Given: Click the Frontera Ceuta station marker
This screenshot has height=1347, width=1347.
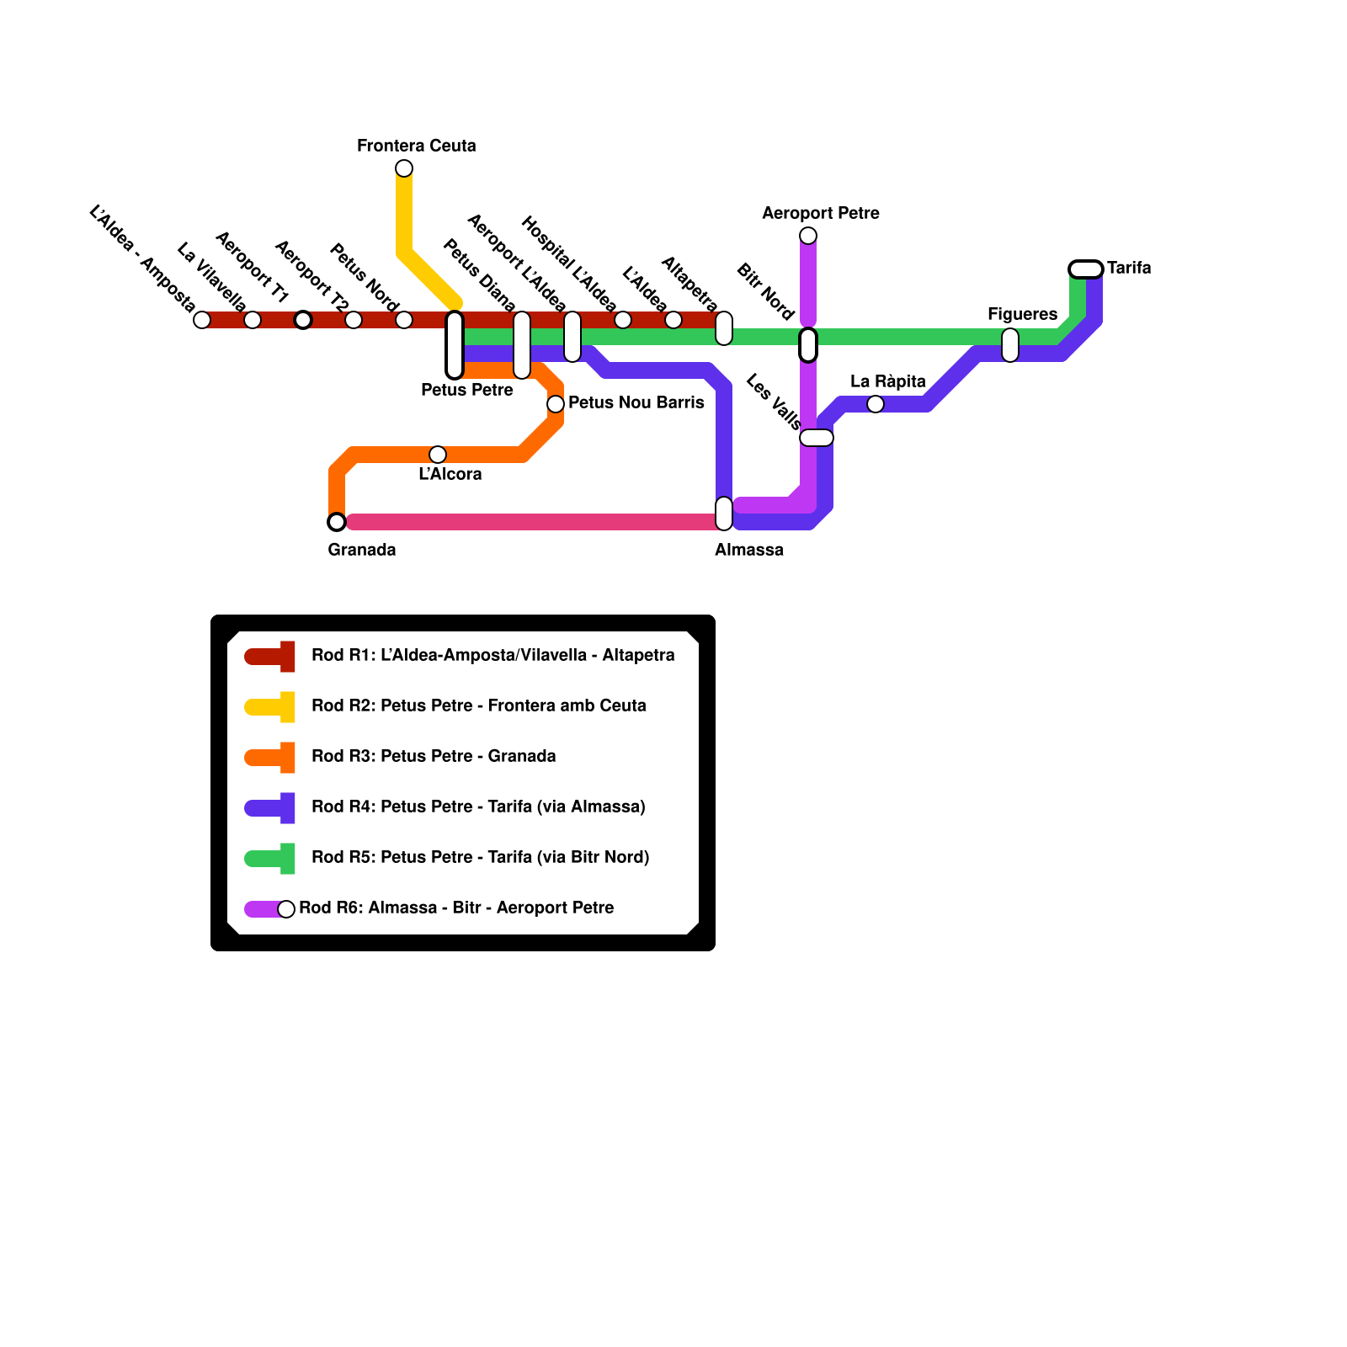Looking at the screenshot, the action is click(x=404, y=168).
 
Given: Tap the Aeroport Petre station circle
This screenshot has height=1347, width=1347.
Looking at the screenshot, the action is click(x=808, y=236).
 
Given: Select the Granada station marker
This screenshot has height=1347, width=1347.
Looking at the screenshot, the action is click(x=337, y=522).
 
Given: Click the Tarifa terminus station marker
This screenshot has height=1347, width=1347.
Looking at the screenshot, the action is click(x=1086, y=269).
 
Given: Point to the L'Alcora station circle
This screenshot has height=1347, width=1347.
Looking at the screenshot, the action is click(x=438, y=455).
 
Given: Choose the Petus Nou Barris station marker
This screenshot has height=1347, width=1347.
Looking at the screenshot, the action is click(x=556, y=404).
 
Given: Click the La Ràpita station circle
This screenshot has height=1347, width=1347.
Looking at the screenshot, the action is click(x=876, y=404).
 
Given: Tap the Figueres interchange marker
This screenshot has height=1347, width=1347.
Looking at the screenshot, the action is click(x=1010, y=345).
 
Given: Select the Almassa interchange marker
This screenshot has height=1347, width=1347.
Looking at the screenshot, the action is click(x=724, y=514).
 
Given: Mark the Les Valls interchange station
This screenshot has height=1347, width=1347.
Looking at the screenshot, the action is click(x=817, y=438).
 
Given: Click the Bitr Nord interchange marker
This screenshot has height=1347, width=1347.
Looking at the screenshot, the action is click(x=808, y=345).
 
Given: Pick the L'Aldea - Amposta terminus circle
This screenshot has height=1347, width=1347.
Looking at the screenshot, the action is click(x=202, y=320).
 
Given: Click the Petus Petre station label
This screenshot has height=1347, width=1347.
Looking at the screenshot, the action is click(x=467, y=390).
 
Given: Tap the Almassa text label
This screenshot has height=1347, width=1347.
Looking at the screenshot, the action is click(x=749, y=550).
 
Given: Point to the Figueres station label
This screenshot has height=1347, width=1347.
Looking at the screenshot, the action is click(x=1022, y=314).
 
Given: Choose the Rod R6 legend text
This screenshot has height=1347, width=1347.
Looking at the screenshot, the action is click(x=456, y=908).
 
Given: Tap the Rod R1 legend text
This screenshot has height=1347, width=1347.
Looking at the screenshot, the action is click(x=492, y=655).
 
